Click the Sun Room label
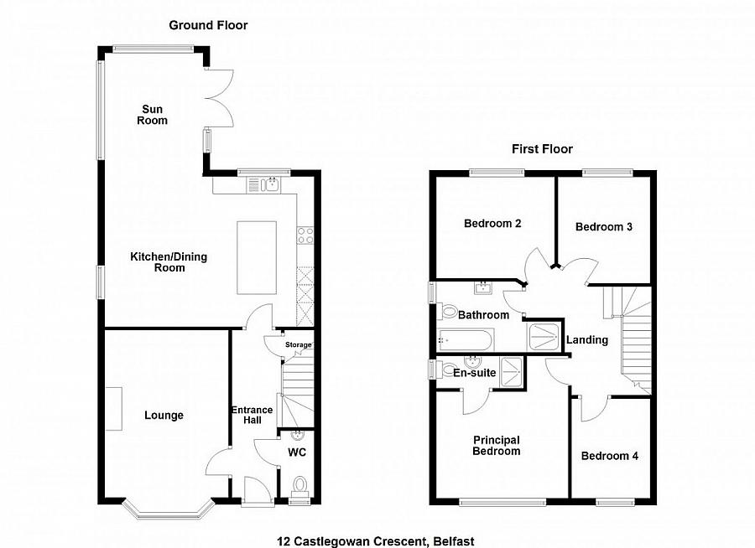(x=154, y=115)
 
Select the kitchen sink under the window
(x=268, y=185)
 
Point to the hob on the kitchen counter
(x=305, y=235)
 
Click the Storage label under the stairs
(x=298, y=345)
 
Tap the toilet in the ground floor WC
(x=299, y=485)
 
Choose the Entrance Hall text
(x=253, y=415)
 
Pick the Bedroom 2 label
(x=493, y=224)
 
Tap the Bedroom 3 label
(x=604, y=227)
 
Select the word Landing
(x=587, y=340)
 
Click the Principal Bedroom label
(x=496, y=445)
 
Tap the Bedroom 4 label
(x=610, y=456)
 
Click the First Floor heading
(x=543, y=149)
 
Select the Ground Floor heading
(x=208, y=25)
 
